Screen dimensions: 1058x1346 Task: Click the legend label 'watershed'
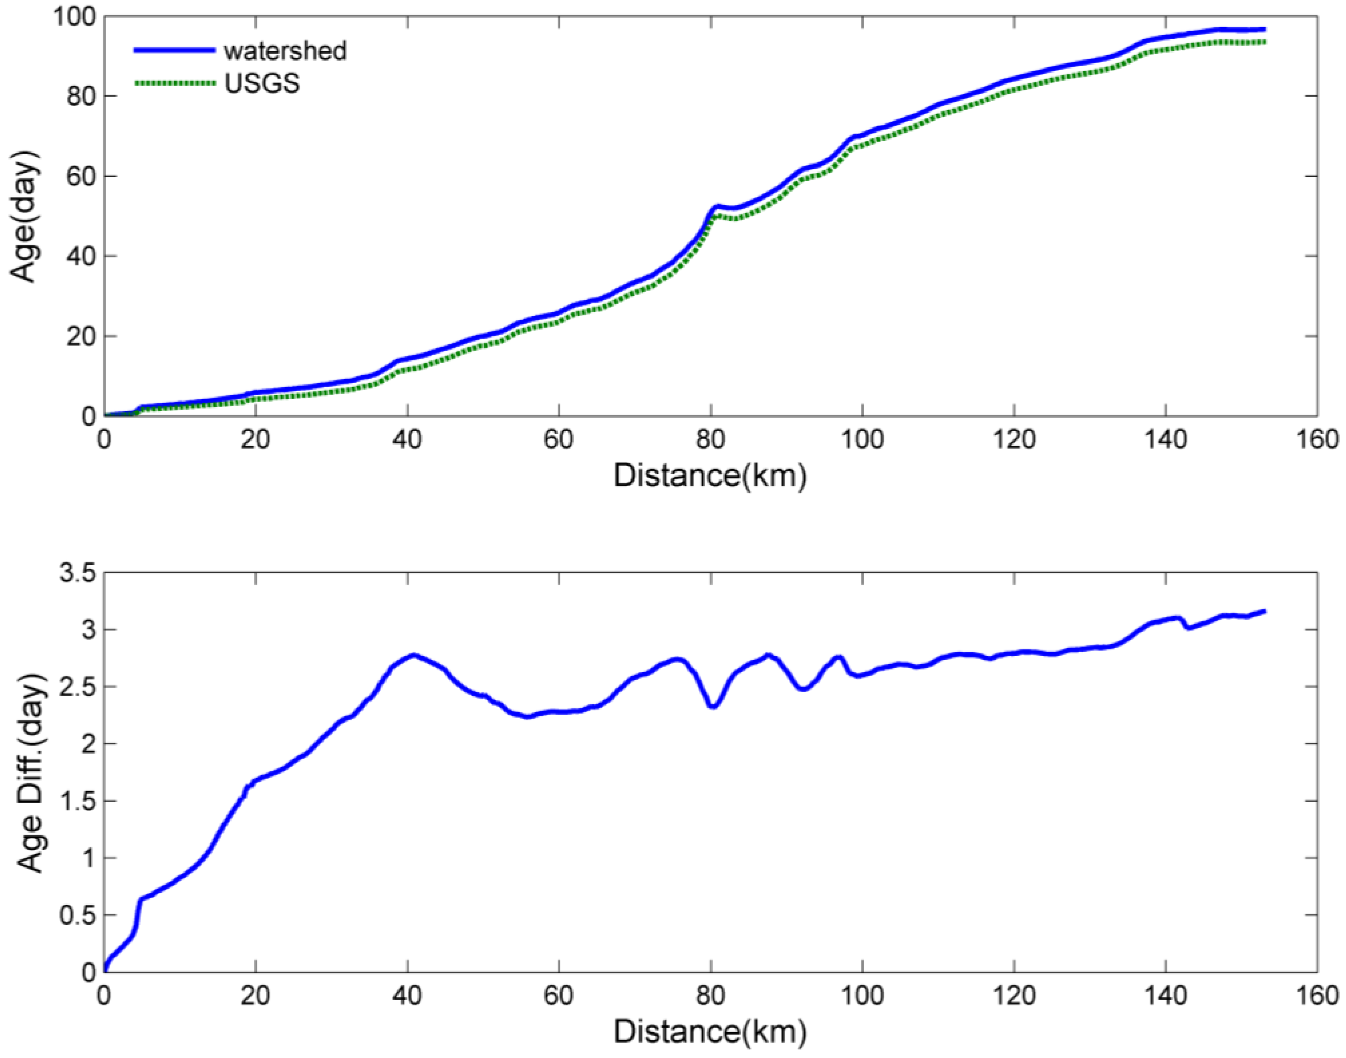click(x=285, y=51)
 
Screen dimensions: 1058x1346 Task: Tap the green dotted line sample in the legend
click(x=174, y=83)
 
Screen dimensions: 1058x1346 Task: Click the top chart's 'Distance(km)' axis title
click(x=710, y=476)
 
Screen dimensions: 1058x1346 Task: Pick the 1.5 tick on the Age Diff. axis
click(x=77, y=801)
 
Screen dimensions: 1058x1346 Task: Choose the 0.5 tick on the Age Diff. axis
click(x=77, y=915)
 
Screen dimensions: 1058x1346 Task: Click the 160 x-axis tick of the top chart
click(x=1317, y=440)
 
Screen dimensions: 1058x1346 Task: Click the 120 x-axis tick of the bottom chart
click(x=1014, y=996)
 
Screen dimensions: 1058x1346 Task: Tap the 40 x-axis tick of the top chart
click(x=407, y=440)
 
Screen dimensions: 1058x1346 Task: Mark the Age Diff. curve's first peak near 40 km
click(x=413, y=655)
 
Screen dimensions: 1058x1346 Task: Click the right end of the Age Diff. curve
click(x=1264, y=611)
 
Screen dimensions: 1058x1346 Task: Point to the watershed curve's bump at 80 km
click(x=717, y=206)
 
